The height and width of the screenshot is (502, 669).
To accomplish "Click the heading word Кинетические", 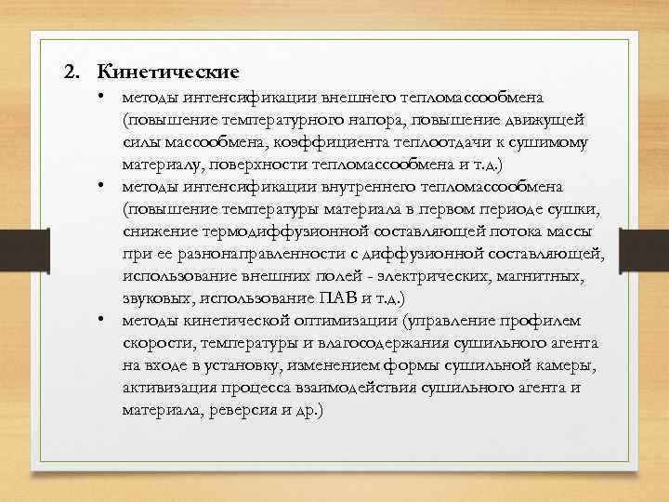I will pos(168,71).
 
